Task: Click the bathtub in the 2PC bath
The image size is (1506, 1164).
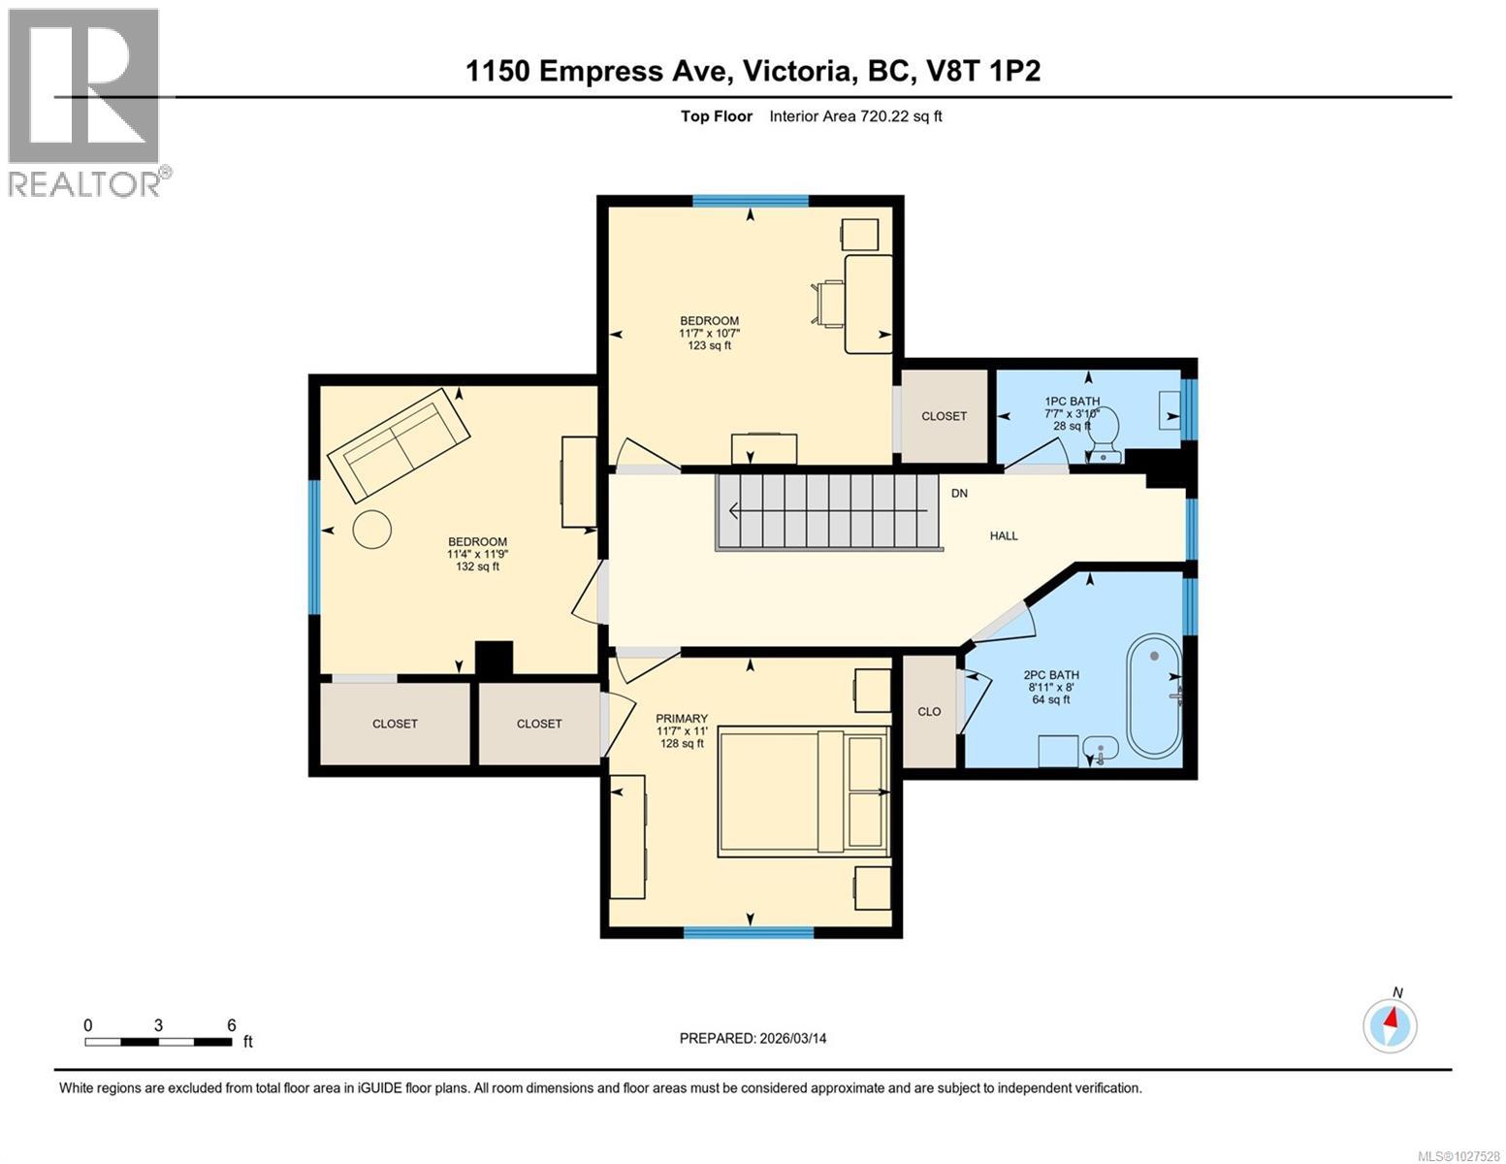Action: click(1154, 696)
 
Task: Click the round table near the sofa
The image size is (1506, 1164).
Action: click(372, 530)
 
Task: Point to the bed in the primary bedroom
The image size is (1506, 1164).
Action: click(803, 792)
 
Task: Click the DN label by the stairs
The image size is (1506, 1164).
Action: click(959, 494)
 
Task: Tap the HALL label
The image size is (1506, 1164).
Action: click(1004, 535)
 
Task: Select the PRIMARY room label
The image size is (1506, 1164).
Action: click(682, 719)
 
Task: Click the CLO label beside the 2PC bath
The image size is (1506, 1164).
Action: click(929, 711)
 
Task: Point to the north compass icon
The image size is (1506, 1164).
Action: click(1390, 1024)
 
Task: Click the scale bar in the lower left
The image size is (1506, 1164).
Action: click(159, 1042)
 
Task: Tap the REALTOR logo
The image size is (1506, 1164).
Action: click(85, 102)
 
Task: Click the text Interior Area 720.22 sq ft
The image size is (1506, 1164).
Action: click(855, 116)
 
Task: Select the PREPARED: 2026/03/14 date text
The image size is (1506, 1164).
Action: click(753, 1038)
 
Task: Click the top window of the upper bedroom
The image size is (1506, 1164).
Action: click(750, 201)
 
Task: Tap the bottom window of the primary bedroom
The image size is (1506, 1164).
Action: click(749, 932)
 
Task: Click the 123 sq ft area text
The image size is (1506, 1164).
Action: click(709, 345)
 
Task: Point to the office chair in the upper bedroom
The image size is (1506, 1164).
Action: click(827, 303)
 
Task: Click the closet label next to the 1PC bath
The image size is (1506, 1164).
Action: click(944, 416)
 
